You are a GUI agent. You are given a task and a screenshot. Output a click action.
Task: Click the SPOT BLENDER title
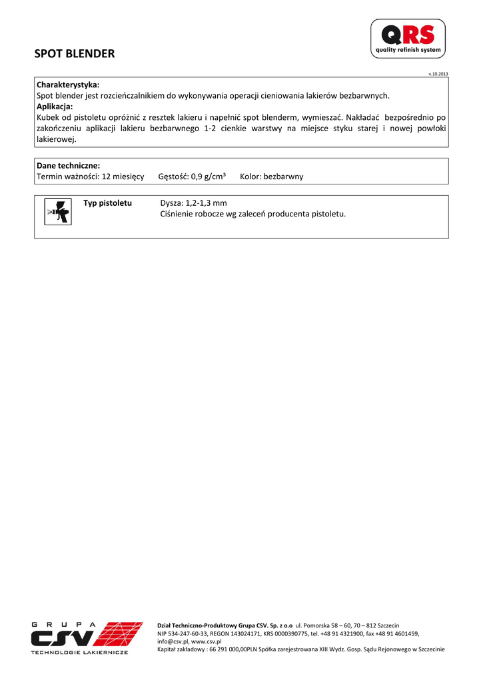tap(75, 54)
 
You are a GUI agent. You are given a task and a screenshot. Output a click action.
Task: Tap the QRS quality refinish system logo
tap(408, 38)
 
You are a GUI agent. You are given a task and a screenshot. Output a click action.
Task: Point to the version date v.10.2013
tap(438, 73)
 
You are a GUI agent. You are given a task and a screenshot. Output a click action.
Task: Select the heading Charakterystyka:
tap(68, 85)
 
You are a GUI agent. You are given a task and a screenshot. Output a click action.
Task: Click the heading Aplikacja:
tap(55, 107)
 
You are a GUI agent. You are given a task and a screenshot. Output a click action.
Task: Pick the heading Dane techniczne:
tap(68, 166)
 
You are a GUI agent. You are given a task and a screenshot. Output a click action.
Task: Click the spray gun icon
tap(57, 212)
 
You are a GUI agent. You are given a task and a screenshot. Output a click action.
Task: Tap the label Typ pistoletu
tap(107, 202)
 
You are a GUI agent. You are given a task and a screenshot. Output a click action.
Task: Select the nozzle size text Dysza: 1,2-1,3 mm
tap(194, 202)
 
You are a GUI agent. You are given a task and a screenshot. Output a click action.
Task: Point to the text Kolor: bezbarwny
tap(271, 176)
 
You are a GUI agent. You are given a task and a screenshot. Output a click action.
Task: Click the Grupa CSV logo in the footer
tap(87, 637)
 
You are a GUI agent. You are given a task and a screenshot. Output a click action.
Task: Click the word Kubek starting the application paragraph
tap(48, 117)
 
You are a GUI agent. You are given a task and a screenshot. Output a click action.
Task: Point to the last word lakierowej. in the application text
tap(57, 140)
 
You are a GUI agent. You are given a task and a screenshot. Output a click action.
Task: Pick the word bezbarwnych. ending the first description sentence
tap(364, 96)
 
